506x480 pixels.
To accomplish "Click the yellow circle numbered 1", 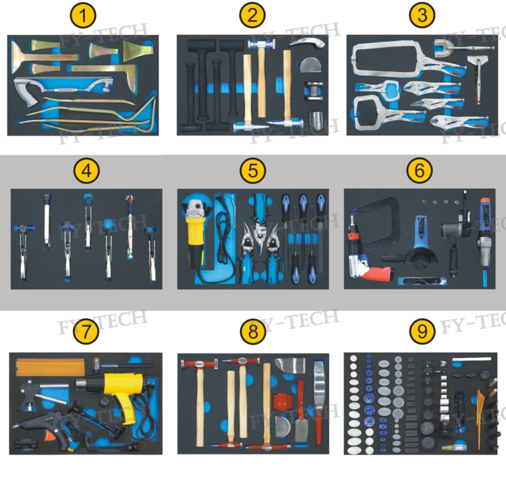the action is (83, 15).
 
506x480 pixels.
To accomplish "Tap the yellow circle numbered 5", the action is (253, 170).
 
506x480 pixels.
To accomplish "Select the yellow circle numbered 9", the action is (422, 331).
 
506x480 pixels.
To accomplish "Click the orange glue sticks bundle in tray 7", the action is (50, 367).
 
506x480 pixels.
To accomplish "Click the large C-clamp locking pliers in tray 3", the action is (384, 59).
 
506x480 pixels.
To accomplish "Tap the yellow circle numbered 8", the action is (253, 331).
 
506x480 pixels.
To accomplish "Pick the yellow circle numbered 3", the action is (422, 15).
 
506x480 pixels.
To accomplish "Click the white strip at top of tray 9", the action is (472, 359).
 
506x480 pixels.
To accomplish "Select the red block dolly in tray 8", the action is (283, 400).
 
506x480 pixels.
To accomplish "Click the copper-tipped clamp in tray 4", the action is (130, 226).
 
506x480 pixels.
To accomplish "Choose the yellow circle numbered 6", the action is (420, 170).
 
